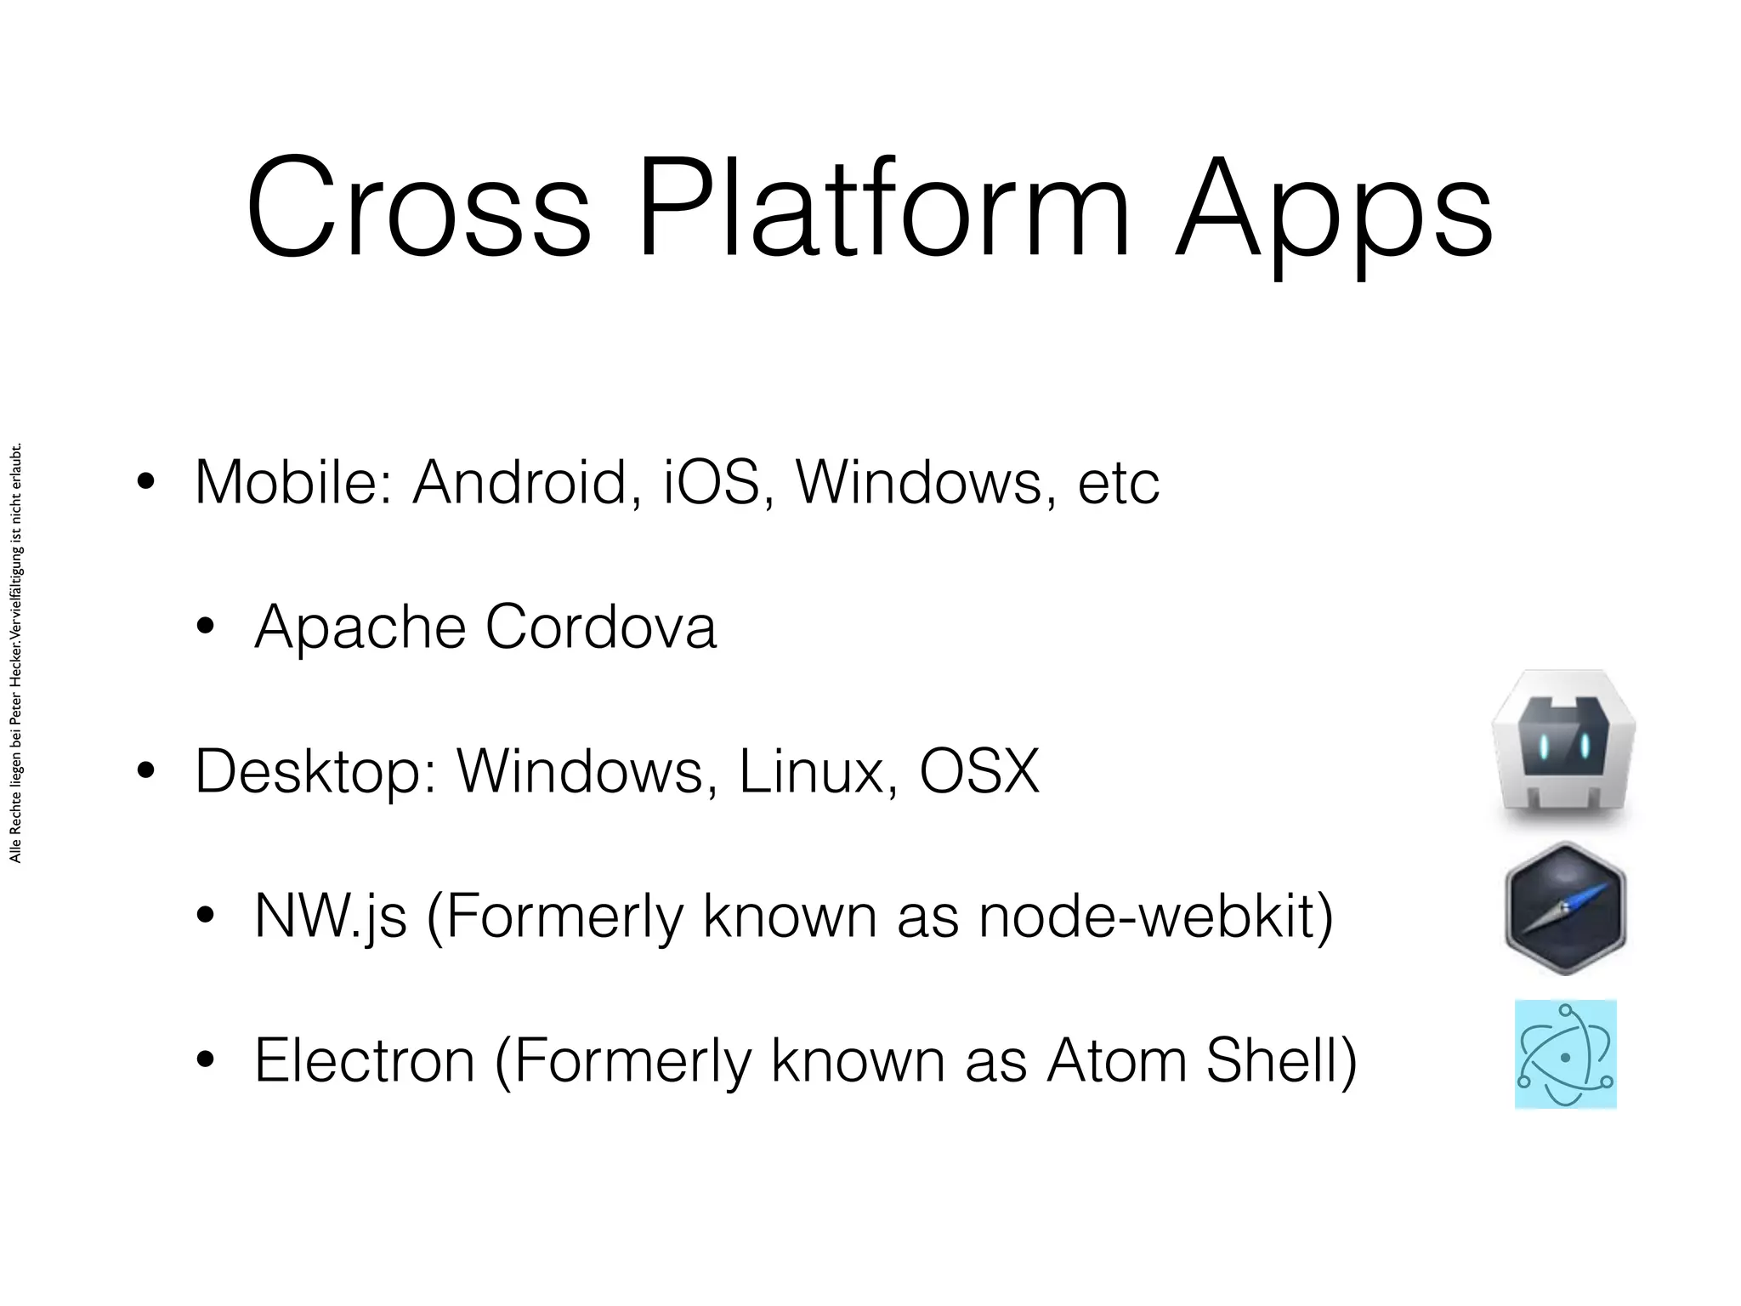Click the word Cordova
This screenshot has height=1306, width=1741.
tap(600, 627)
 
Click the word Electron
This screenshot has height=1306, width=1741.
tap(365, 1060)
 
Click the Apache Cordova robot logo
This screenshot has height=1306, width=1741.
tap(1564, 745)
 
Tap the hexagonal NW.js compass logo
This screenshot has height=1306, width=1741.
tap(1565, 908)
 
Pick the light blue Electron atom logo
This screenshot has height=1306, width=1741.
tap(1565, 1054)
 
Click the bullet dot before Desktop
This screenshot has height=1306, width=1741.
tap(145, 771)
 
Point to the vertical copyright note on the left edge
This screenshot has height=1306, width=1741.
tap(15, 653)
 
